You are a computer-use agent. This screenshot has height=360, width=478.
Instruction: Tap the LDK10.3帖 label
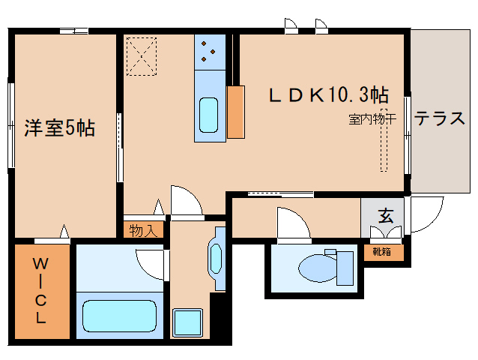329,95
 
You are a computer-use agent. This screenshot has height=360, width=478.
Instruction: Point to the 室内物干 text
372,119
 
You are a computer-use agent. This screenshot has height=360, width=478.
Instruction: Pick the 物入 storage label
142,230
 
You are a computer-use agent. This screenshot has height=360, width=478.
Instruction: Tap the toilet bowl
314,266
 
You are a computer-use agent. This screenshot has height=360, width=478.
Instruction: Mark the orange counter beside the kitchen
235,112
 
